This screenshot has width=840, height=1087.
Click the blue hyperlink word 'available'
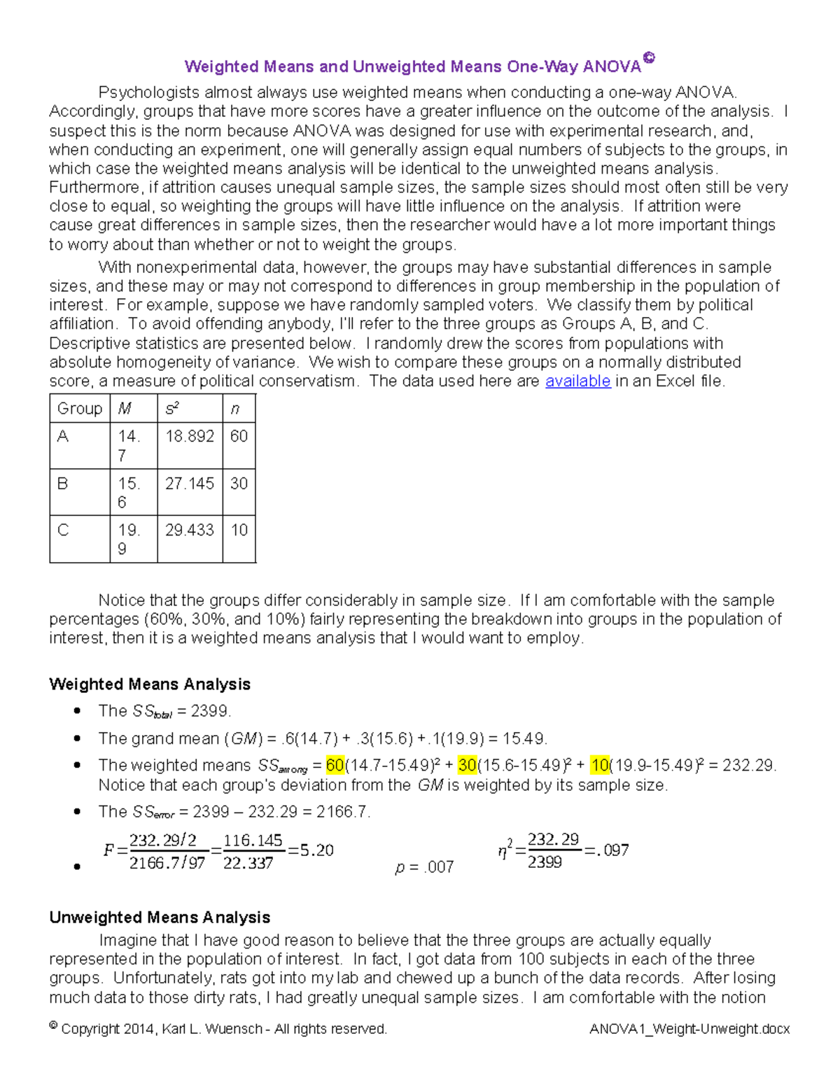point(577,381)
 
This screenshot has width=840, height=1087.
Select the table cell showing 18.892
point(190,437)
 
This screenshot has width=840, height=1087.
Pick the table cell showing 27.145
point(190,484)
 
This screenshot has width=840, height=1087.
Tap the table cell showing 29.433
point(190,531)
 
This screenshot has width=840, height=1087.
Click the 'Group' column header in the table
point(80,409)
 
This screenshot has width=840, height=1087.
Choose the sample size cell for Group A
point(239,437)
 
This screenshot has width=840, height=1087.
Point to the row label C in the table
point(63,531)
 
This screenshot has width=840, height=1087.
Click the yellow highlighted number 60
point(335,766)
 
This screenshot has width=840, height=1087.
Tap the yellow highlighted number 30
point(468,766)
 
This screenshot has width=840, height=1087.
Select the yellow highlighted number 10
point(600,766)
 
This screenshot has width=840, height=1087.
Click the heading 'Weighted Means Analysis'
point(150,685)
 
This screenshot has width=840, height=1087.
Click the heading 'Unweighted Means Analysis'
point(160,918)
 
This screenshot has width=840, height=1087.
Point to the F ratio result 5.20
point(316,850)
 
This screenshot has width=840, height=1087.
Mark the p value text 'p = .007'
point(424,868)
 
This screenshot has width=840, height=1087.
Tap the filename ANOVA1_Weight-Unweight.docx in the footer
point(689,1030)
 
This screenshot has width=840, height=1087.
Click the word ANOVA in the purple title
point(612,67)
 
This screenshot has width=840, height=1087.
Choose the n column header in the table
point(235,409)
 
